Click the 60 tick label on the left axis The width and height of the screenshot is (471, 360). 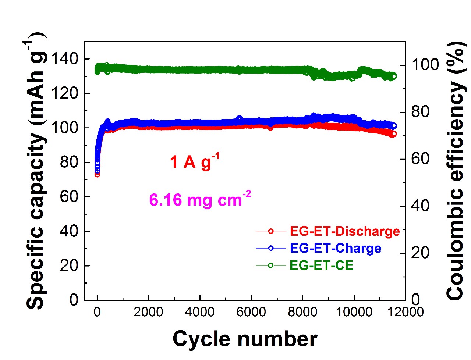coord(69,197)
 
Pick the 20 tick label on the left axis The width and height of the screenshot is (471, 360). coord(69,265)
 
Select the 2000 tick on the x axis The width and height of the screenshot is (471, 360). coord(148,312)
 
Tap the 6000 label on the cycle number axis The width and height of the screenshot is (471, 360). coord(251,312)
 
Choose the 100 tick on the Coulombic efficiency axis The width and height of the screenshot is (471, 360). coord(425,65)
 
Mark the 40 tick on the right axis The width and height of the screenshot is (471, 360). coord(420,206)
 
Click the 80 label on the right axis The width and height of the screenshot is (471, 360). coord(420,112)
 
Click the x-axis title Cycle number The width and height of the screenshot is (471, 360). coord(245,339)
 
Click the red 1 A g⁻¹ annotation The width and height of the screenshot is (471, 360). coord(194,161)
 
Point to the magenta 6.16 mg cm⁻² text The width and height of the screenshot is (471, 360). coord(200,200)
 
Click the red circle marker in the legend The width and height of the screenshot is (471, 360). coord(270,231)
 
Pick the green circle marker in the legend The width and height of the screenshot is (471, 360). coord(270,265)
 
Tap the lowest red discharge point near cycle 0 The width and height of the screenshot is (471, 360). coord(97,174)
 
